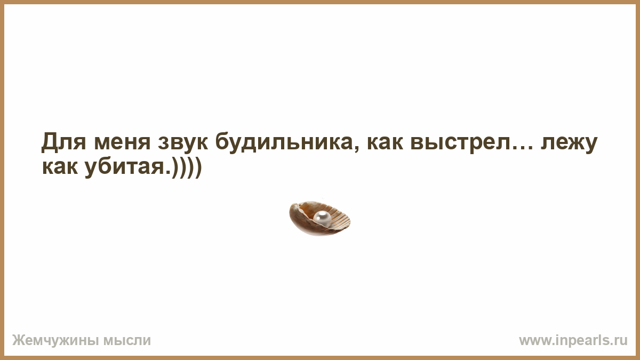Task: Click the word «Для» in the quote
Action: [x=63, y=141]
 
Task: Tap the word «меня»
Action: [x=122, y=142]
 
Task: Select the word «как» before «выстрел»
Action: [x=385, y=143]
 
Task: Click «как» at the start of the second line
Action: [x=59, y=167]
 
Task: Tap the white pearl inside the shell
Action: [x=322, y=219]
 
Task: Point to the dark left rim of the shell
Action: [x=294, y=219]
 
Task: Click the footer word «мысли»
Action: [x=127, y=341]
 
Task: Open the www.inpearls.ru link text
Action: [x=573, y=341]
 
